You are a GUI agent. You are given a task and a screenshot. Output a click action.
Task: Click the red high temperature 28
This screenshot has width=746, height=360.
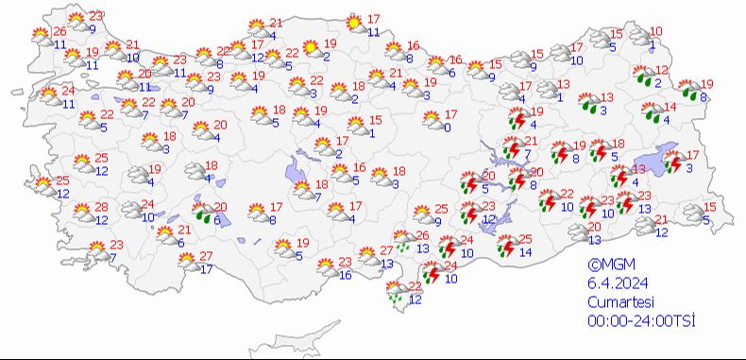pyautogui.click(x=100, y=207)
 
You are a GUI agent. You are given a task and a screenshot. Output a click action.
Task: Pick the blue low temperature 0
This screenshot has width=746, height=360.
pyautogui.click(x=447, y=127)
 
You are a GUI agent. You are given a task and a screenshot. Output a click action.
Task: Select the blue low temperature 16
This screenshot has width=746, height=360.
pyautogui.click(x=346, y=275)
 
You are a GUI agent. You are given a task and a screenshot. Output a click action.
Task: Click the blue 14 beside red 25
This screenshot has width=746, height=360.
pyautogui.click(x=526, y=252)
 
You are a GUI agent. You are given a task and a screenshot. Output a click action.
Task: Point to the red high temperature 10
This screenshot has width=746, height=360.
pyautogui.click(x=656, y=31)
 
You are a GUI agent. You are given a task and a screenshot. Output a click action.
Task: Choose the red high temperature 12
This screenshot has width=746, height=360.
pyautogui.click(x=662, y=71)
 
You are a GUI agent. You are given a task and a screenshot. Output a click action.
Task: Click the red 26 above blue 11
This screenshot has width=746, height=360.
pyautogui.click(x=60, y=32)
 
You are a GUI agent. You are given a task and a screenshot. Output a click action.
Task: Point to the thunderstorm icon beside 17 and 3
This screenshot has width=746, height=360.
pyautogui.click(x=674, y=163)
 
